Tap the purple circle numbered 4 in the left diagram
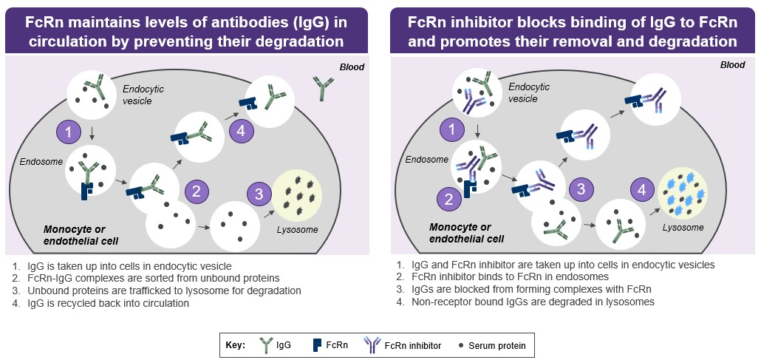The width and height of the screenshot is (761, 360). coord(241,132)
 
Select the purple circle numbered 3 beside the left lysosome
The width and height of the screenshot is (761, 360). coord(258,195)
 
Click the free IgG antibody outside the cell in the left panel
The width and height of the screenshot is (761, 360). coord(322,88)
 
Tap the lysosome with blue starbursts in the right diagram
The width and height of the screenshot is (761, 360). coord(682,194)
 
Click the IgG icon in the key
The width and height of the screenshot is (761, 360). coord(267,344)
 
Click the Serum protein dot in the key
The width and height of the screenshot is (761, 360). coord(462,345)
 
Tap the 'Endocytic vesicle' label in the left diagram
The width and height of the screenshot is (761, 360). coord(143,95)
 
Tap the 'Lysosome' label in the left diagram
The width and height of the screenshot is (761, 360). coord(298,229)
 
